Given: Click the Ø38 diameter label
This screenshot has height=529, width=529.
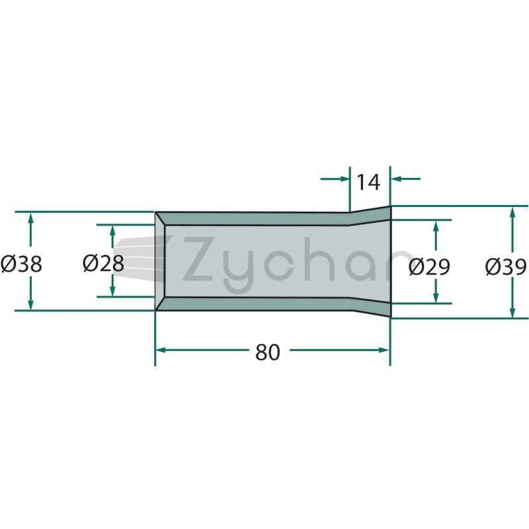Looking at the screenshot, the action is [21, 264].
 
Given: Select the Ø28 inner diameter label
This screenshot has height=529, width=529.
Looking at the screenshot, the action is [103, 263].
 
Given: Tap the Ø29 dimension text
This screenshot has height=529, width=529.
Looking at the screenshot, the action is [429, 267].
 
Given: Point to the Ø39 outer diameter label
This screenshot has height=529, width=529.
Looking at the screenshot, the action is [506, 267].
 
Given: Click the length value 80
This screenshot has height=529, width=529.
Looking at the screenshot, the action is [268, 352].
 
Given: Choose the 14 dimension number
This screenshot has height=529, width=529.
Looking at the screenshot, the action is [368, 183].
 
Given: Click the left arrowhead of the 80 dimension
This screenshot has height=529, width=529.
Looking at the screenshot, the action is [160, 350].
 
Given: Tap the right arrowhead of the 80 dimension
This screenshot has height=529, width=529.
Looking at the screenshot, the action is [385, 350].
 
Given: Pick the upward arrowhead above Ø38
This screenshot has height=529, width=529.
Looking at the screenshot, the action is [30, 218].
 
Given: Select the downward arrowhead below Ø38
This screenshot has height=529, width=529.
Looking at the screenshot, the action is [30, 304].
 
